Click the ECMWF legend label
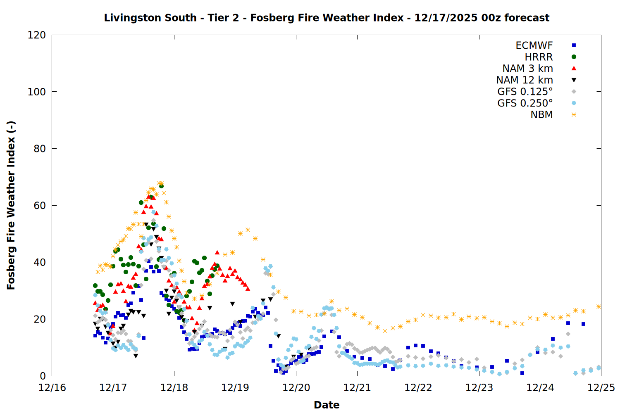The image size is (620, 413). point(534,45)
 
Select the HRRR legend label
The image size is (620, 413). point(539,57)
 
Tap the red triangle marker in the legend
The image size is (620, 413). point(574,68)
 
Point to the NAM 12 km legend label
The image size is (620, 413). point(525,80)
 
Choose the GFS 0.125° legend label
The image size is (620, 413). point(525,92)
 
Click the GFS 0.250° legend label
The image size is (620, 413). point(525,103)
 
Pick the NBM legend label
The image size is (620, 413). point(541,115)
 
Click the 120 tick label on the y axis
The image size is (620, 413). point(36,35)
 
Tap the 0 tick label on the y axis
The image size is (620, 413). point(43,376)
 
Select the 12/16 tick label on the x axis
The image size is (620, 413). point(52,388)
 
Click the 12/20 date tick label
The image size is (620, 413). point(296,388)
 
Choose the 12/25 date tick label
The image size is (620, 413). point(601,388)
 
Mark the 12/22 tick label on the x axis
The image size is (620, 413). point(418,388)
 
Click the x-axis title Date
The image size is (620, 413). point(327,405)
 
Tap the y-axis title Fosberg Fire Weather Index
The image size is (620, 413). point(11,205)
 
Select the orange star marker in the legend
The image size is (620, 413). point(574,115)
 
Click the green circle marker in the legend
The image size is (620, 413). point(574,57)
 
